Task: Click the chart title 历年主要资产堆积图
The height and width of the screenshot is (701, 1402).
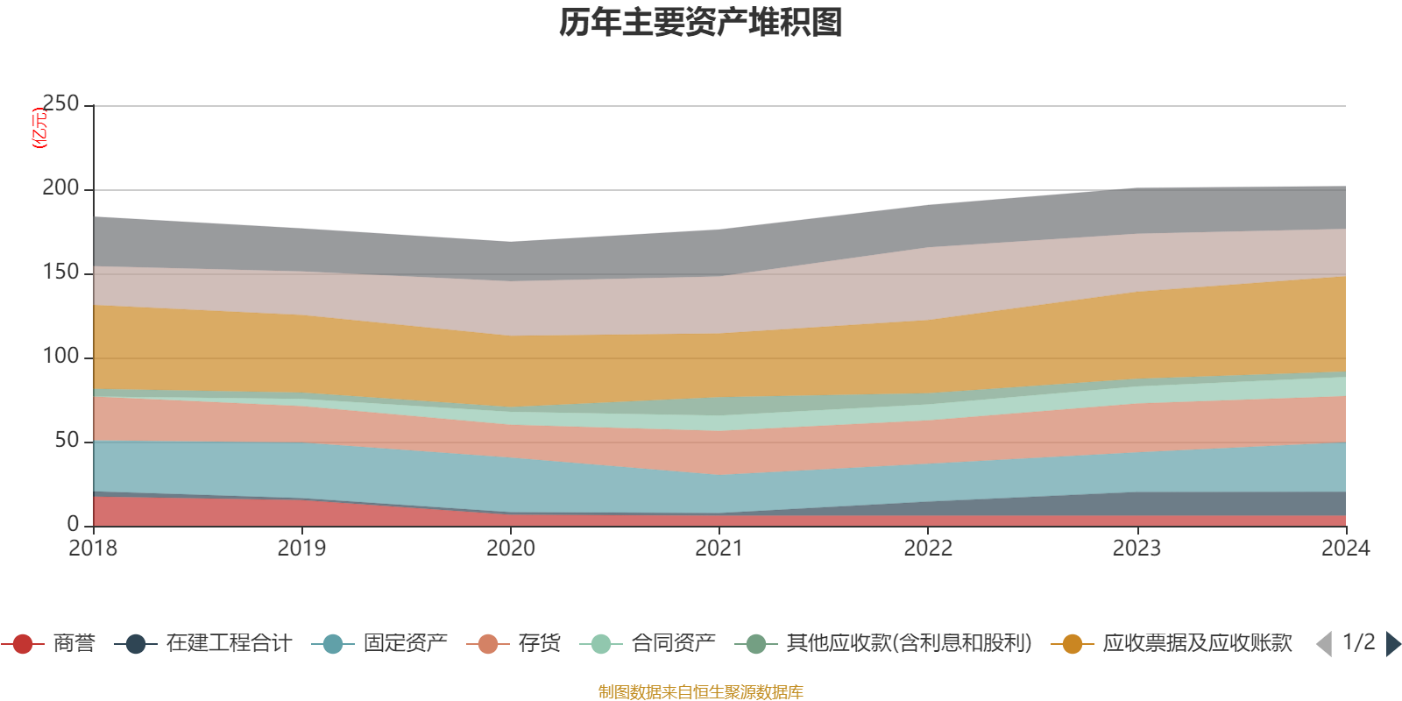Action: tap(701, 23)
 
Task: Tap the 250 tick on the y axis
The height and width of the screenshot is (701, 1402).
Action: tap(60, 103)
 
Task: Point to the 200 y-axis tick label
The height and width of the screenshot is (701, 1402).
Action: tap(60, 188)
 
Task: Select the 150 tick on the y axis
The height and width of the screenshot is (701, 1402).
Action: tap(60, 272)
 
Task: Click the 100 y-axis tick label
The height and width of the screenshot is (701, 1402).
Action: tap(60, 356)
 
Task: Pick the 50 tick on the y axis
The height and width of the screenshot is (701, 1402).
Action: tap(67, 440)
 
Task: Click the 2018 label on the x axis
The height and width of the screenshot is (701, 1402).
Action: tap(93, 549)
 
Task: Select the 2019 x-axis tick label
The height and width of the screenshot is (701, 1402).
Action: tap(301, 549)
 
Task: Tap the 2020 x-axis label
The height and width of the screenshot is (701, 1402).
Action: tap(510, 549)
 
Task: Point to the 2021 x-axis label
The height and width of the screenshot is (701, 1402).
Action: tap(719, 549)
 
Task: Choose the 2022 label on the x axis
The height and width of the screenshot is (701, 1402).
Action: tap(928, 549)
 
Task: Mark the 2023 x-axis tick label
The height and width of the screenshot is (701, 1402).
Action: tap(1136, 549)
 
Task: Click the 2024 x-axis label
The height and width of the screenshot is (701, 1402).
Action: tap(1345, 549)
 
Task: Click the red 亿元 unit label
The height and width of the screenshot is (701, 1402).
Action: tap(39, 128)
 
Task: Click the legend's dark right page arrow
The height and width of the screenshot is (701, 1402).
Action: tap(1392, 644)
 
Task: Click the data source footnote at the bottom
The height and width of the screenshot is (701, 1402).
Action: tap(701, 692)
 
